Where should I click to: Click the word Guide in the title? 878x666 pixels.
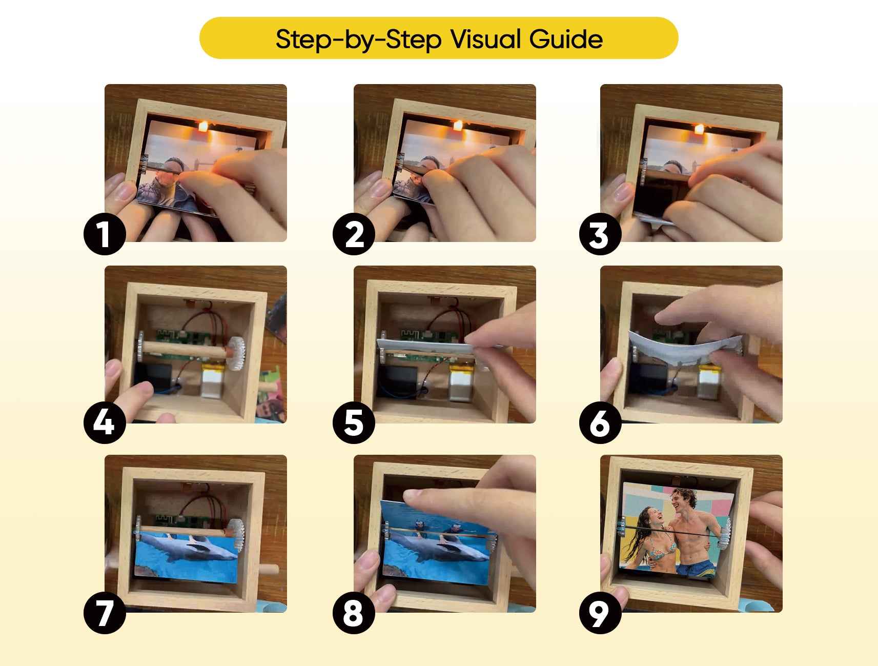click(566, 38)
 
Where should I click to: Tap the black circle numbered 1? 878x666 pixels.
click(105, 235)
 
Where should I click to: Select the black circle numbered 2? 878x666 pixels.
click(354, 235)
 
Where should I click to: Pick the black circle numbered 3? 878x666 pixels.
click(600, 235)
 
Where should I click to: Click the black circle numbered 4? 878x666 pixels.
click(105, 423)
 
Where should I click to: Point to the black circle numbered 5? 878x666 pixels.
click(354, 423)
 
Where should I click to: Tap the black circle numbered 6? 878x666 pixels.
click(600, 423)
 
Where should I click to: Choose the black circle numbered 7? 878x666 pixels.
click(105, 613)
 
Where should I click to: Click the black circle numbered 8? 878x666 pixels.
click(354, 613)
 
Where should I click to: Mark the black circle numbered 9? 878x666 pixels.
click(600, 613)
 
